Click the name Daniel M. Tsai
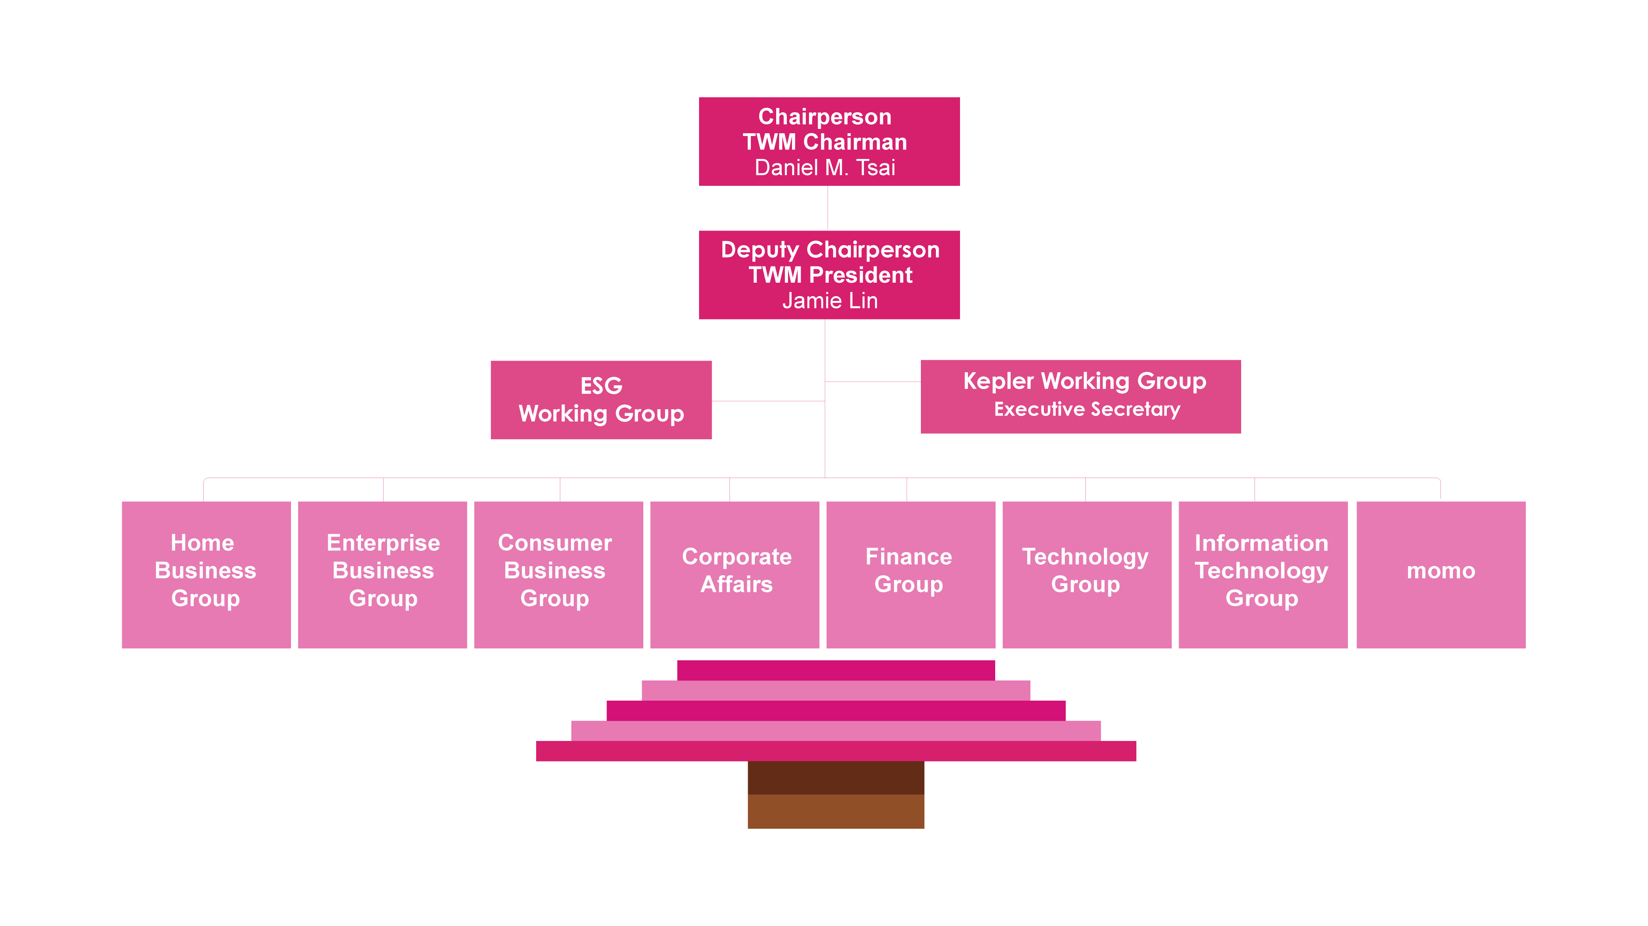pyautogui.click(x=825, y=168)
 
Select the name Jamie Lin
pyautogui.click(x=830, y=301)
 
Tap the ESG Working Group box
pyautogui.click(x=601, y=400)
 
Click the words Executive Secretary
pyautogui.click(x=1086, y=410)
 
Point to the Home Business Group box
pyautogui.click(x=206, y=574)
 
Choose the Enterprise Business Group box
pyautogui.click(x=383, y=574)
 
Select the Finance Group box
pyautogui.click(x=910, y=574)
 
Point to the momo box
pyautogui.click(x=1441, y=574)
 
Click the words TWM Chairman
pyautogui.click(x=825, y=142)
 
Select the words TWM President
pyautogui.click(x=830, y=275)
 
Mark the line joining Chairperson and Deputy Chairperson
pyautogui.click(x=828, y=208)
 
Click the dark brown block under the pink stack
pyautogui.click(x=835, y=778)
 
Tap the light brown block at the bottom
pyautogui.click(x=835, y=811)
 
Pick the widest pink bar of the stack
pyautogui.click(x=835, y=751)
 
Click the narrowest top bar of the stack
pyautogui.click(x=835, y=670)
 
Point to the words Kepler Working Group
pyautogui.click(x=1085, y=382)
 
